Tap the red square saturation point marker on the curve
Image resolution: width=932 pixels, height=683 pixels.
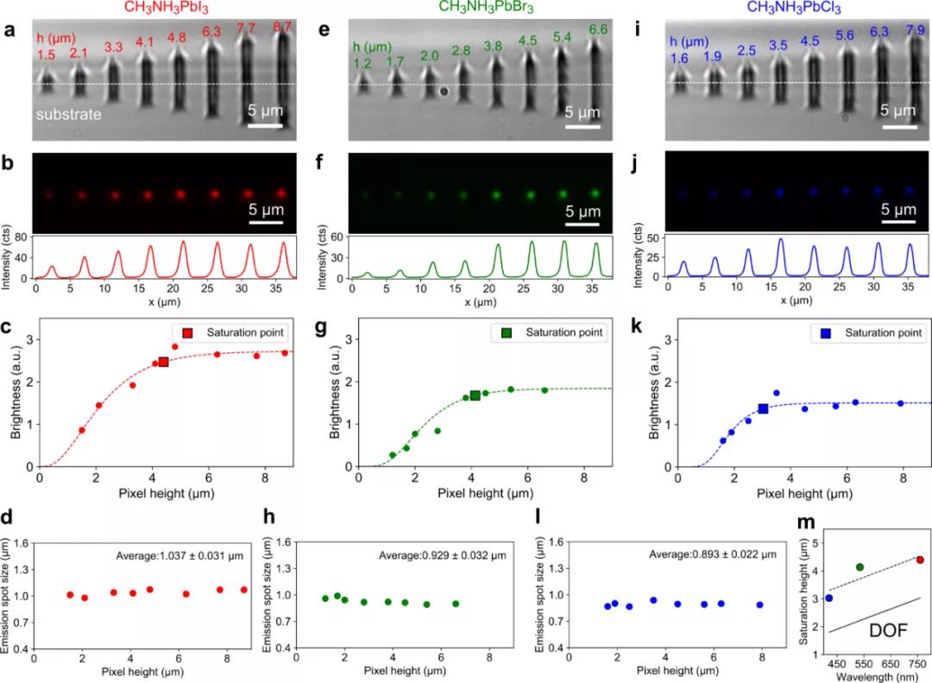(163, 362)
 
